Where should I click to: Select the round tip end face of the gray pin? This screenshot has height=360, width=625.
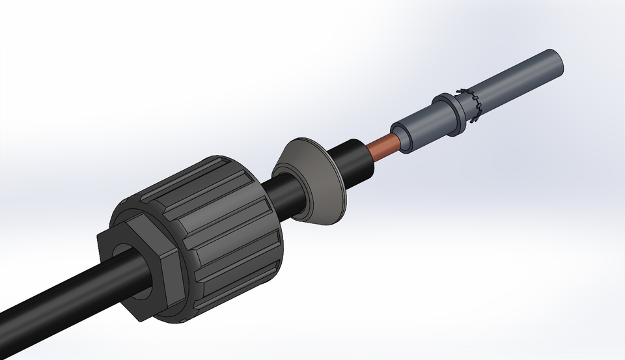click(x=556, y=62)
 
